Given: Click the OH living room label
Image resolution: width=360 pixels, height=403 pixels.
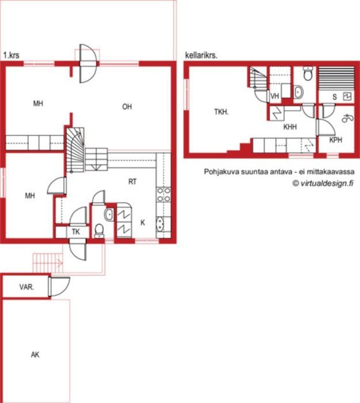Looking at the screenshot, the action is pyautogui.click(x=127, y=107).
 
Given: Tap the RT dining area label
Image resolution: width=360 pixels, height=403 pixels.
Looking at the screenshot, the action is pyautogui.click(x=132, y=182).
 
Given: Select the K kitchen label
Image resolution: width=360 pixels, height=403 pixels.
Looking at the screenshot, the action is pyautogui.click(x=143, y=223).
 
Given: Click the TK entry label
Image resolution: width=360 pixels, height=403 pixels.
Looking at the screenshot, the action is pyautogui.click(x=76, y=232).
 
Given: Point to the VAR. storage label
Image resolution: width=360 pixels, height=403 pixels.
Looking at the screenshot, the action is pyautogui.click(x=26, y=287).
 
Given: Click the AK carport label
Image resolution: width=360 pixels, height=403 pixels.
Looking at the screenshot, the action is pyautogui.click(x=35, y=355).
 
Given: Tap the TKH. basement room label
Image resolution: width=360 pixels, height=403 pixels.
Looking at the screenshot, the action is pyautogui.click(x=221, y=112).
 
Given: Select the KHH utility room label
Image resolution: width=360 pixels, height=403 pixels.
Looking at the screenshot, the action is pyautogui.click(x=290, y=127).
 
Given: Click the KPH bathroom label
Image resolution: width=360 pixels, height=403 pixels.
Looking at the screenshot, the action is pyautogui.click(x=336, y=140).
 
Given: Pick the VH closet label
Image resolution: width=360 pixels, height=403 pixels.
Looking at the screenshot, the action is pyautogui.click(x=275, y=96).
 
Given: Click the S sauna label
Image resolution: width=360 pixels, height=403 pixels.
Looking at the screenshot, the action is pyautogui.click(x=335, y=97).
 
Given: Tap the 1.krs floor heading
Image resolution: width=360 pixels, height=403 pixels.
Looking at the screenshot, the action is pyautogui.click(x=12, y=55).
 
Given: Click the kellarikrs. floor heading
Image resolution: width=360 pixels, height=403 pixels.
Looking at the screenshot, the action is pyautogui.click(x=202, y=55).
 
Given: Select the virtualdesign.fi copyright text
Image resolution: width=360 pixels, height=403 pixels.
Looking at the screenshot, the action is pyautogui.click(x=323, y=183).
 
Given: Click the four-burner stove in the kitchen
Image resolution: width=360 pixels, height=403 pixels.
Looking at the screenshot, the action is pyautogui.click(x=164, y=195).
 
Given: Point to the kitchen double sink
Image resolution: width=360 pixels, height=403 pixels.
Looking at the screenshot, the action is pyautogui.click(x=160, y=224).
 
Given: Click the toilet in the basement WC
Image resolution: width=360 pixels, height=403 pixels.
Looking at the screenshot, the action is pyautogui.click(x=308, y=73).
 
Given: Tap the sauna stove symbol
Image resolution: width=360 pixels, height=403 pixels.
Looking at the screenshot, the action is pyautogui.click(x=347, y=96).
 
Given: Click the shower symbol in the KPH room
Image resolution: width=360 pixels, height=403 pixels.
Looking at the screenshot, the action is pyautogui.click(x=348, y=118).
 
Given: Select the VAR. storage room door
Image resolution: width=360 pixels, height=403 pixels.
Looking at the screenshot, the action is pyautogui.click(x=59, y=287).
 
